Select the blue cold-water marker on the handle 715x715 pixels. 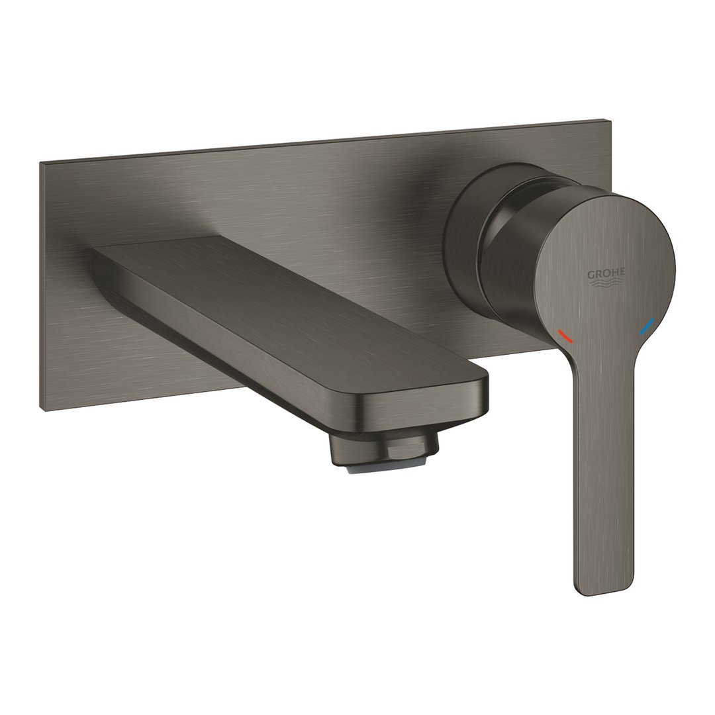coord(645,326)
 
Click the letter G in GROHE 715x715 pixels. coord(589,273)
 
